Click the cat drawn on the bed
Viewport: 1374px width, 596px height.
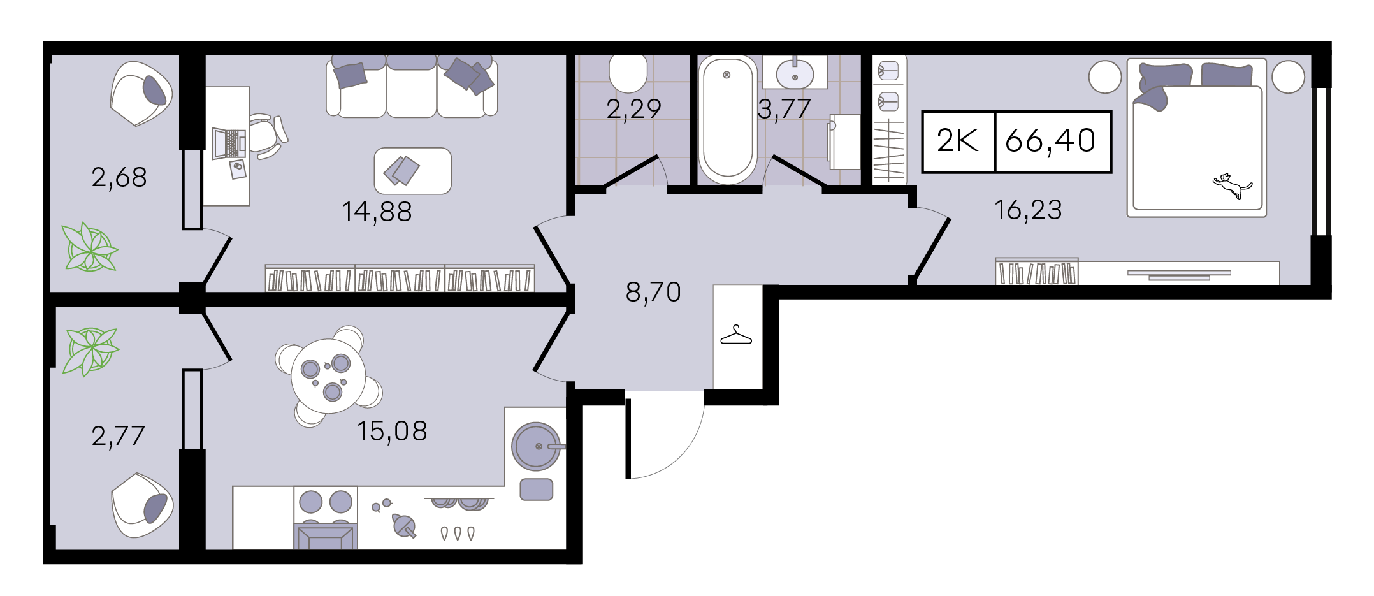1232,185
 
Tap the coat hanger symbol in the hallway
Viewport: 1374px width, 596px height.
736,336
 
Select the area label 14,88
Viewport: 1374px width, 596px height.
377,212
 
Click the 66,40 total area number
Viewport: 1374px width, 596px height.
1050,141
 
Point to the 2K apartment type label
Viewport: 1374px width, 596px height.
957,141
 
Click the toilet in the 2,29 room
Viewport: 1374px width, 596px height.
628,73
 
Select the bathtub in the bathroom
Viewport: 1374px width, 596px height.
728,119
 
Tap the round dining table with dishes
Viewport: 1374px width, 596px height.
328,376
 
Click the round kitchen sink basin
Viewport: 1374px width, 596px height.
537,446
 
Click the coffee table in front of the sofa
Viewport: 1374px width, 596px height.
413,171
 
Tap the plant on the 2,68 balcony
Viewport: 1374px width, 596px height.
90,247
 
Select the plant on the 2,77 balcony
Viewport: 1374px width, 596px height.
90,351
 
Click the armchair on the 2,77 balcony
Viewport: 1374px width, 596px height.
142,505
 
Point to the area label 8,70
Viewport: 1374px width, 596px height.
653,292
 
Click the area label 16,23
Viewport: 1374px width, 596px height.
1028,210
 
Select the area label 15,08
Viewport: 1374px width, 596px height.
392,431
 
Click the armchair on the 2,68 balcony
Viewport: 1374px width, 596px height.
141,94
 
